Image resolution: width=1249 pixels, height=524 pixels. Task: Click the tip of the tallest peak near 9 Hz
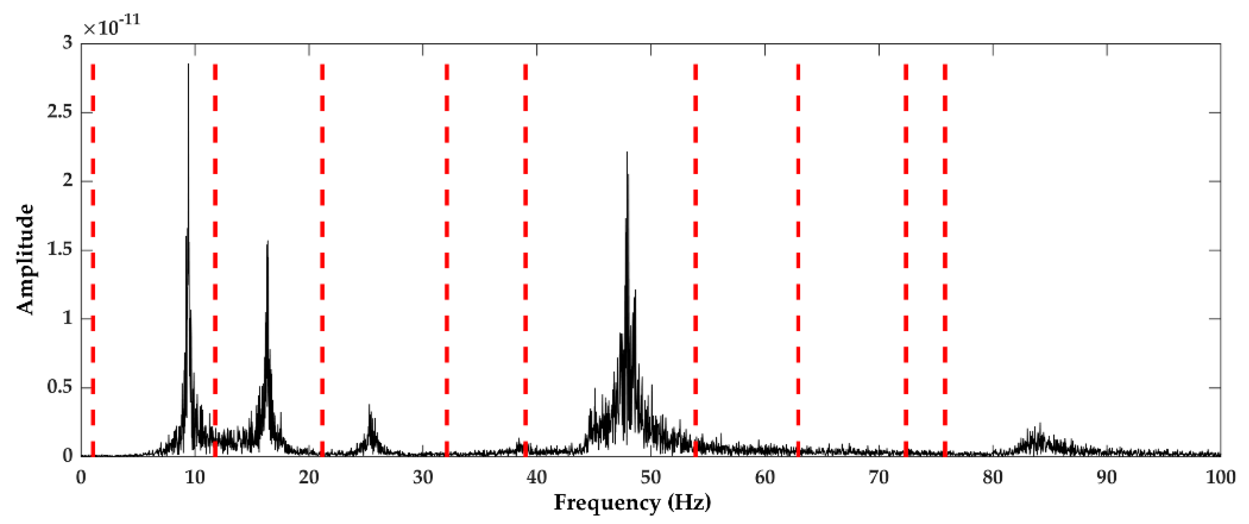pos(188,65)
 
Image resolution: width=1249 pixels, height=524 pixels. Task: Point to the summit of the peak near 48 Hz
pos(627,153)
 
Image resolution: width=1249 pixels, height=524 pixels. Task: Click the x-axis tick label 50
pos(651,477)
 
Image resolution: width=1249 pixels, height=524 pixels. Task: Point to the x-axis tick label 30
pos(423,477)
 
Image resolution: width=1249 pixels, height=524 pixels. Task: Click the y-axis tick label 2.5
pos(60,112)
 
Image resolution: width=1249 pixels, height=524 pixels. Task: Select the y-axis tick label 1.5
pos(60,250)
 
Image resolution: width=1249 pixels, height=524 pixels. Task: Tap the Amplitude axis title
pos(25,259)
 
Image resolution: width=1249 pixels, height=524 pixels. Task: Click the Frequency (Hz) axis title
pos(632,503)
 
